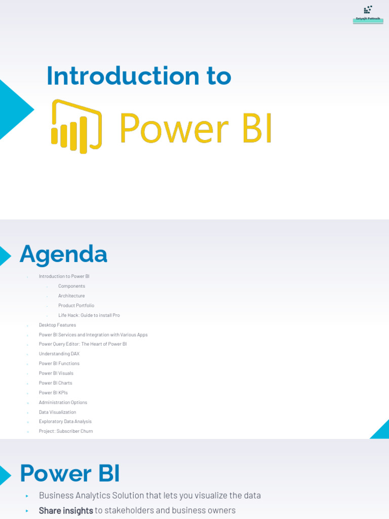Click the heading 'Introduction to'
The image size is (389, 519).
pos(139,77)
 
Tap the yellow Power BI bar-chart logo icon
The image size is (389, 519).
pos(76,126)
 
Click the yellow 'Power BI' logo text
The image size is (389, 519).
pos(196,128)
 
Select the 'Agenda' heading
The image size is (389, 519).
pos(63,254)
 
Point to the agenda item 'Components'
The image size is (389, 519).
pos(71,286)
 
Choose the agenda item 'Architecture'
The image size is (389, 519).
pos(71,296)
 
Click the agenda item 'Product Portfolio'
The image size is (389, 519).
pos(76,306)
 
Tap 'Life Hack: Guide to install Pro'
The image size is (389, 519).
pos(89,315)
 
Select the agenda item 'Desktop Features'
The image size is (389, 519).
pos(57,325)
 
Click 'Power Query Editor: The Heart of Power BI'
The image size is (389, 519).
pos(83,344)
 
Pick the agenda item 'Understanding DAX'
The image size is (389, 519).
pos(59,354)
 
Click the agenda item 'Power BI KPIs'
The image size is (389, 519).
pos(53,393)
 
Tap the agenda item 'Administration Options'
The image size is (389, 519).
pos(63,402)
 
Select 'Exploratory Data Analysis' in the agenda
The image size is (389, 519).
pos(65,422)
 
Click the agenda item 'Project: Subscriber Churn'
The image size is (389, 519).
pos(66,431)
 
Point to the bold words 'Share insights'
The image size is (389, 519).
pos(66,511)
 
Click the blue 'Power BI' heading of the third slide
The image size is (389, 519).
pos(70,474)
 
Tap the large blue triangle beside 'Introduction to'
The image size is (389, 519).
pos(13,109)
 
